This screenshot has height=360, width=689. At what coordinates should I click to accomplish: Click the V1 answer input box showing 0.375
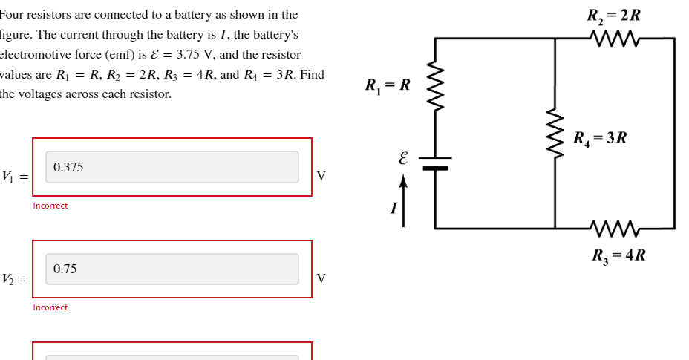coord(172,167)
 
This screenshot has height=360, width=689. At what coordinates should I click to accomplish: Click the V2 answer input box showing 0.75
coord(172,269)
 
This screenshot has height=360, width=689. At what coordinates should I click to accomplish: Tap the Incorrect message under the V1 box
coord(50,206)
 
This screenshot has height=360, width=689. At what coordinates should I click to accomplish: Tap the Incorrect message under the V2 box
coord(50,307)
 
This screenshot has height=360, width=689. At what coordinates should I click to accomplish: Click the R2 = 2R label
coord(613,16)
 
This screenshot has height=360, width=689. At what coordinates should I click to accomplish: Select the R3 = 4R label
coord(618,255)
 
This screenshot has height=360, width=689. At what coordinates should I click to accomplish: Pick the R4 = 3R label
coord(600,138)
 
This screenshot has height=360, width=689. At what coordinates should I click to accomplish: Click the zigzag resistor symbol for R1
coord(435,86)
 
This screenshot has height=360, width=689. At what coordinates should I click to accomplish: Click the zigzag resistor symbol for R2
coord(613,37)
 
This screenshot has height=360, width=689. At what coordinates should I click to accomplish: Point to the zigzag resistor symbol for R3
coord(613,227)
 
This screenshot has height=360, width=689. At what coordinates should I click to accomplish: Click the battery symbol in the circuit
coord(435,163)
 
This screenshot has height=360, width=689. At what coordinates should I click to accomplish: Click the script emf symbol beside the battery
coord(403,158)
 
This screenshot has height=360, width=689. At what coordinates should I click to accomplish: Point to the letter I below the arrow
coord(394,209)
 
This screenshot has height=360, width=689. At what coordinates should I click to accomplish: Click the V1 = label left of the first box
coord(15,177)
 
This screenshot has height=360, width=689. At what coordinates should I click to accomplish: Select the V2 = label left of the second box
coord(15,279)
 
